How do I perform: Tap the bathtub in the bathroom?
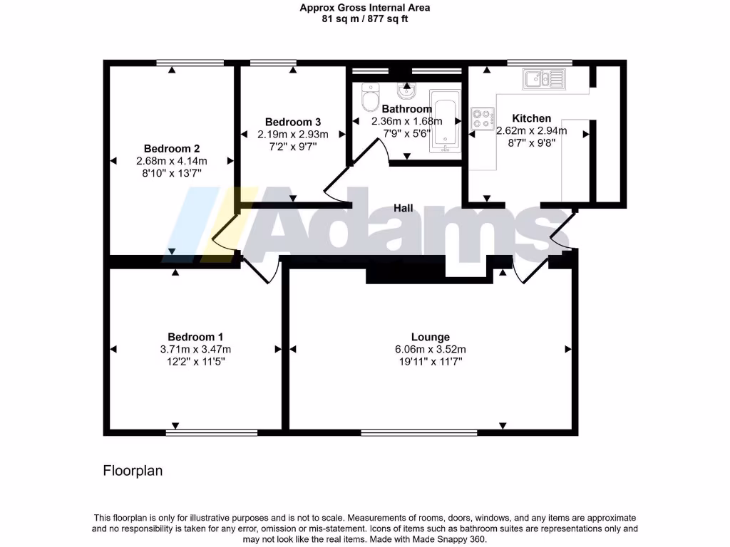click(446, 125)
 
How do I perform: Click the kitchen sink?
click(543, 78)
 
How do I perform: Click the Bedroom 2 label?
click(171, 149)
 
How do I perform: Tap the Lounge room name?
click(430, 337)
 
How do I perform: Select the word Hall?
click(403, 208)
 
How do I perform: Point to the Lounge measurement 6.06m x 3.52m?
click(430, 349)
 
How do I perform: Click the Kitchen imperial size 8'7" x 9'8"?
click(531, 142)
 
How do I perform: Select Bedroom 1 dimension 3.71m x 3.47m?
click(195, 349)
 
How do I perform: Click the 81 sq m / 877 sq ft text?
click(364, 19)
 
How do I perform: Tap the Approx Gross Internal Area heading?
click(364, 9)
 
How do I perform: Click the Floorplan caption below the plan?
click(133, 471)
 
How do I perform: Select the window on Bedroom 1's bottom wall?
click(212, 432)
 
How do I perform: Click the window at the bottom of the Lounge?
click(418, 432)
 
